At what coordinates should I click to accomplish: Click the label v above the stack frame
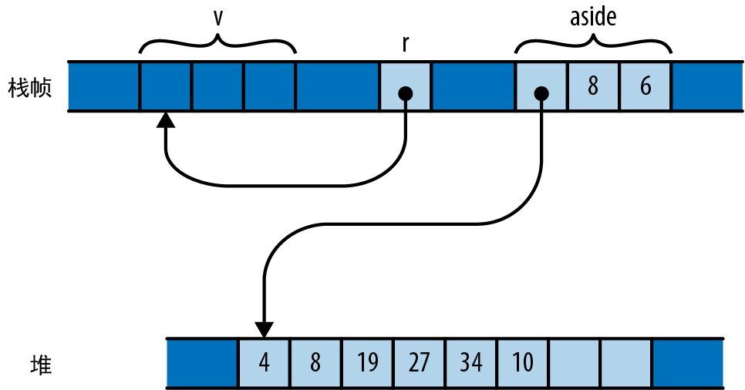point(218,17)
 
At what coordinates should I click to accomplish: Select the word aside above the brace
point(593,16)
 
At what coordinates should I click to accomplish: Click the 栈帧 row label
point(30,86)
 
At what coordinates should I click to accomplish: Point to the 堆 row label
point(40,363)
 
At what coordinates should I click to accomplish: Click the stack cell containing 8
point(592,86)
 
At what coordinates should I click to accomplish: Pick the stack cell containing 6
point(645,86)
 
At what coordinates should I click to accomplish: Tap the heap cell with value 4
point(265,362)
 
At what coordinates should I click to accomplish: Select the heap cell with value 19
point(368,362)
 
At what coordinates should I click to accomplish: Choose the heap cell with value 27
point(420,362)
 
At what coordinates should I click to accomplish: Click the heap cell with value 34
point(471,362)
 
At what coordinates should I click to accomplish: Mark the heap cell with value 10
point(523,362)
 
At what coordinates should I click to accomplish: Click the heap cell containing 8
point(316,362)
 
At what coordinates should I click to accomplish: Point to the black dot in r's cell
point(406,93)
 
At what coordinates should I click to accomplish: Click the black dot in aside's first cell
point(541,93)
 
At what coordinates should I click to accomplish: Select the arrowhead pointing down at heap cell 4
point(265,329)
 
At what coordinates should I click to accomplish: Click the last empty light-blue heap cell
point(626,362)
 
